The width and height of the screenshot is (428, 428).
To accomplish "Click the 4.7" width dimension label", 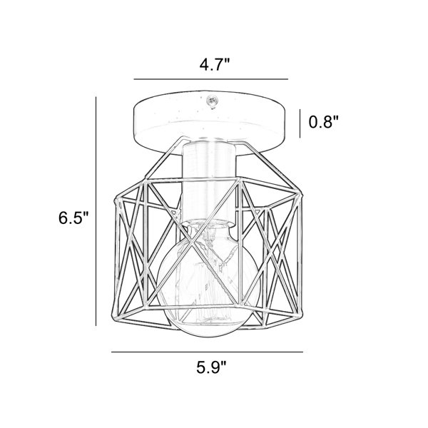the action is pyautogui.click(x=215, y=65).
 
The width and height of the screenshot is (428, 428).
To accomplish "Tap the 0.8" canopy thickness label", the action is pyautogui.click(x=323, y=122).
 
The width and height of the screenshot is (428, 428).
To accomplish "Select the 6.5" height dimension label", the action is pyautogui.click(x=73, y=218).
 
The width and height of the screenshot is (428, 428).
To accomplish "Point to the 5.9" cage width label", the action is pyautogui.click(x=212, y=367).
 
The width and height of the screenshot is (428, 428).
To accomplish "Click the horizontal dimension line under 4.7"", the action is pyautogui.click(x=211, y=79).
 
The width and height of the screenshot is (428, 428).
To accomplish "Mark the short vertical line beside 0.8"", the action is pyautogui.click(x=300, y=123).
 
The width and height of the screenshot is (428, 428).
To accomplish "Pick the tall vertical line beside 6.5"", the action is pyautogui.click(x=96, y=211).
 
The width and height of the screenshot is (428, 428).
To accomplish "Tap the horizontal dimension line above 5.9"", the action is pyautogui.click(x=207, y=352).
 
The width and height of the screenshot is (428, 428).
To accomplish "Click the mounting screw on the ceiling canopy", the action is pyautogui.click(x=212, y=101).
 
